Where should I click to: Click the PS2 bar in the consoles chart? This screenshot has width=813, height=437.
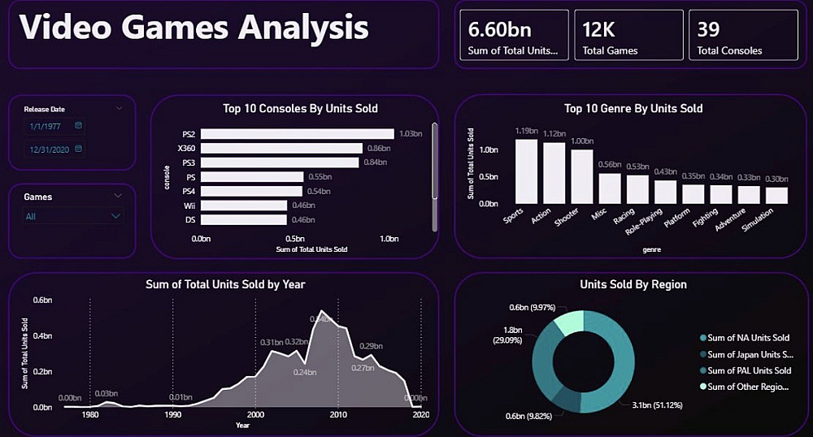[297, 134]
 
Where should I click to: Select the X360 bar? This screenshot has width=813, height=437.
[281, 149]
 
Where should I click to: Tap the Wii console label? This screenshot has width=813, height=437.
[189, 206]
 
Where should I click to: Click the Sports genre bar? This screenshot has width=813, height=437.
[526, 171]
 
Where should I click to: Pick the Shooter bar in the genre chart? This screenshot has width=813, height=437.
[582, 176]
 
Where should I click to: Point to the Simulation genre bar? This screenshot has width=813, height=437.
[776, 195]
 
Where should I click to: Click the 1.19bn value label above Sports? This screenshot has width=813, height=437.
[526, 131]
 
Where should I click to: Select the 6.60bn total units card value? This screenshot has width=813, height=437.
[499, 29]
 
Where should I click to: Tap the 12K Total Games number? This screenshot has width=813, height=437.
[600, 29]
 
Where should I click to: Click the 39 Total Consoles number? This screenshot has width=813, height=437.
[708, 29]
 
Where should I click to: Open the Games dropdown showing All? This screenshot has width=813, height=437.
[72, 216]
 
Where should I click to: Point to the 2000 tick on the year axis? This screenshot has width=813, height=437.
[255, 414]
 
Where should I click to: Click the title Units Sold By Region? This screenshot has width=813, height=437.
[633, 284]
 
